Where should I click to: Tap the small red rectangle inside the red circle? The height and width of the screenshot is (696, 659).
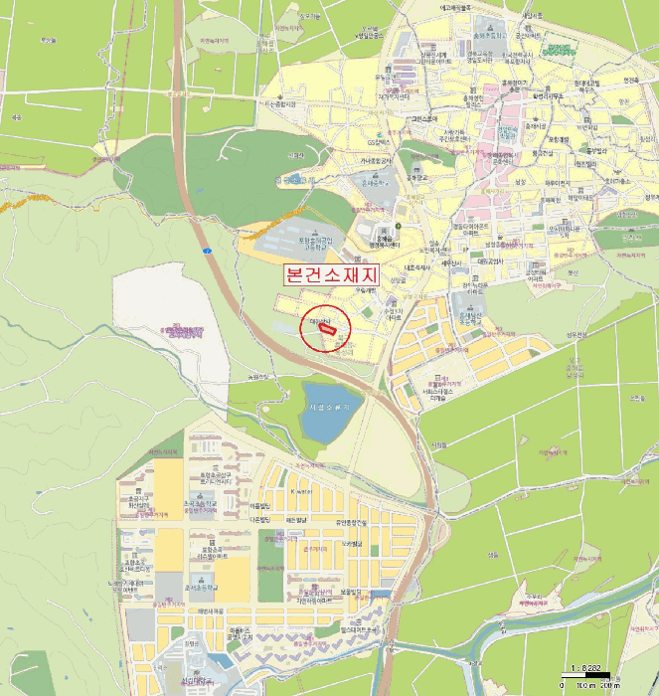pyautogui.click(x=330, y=329)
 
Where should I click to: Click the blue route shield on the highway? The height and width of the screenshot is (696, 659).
pyautogui.click(x=207, y=250)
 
